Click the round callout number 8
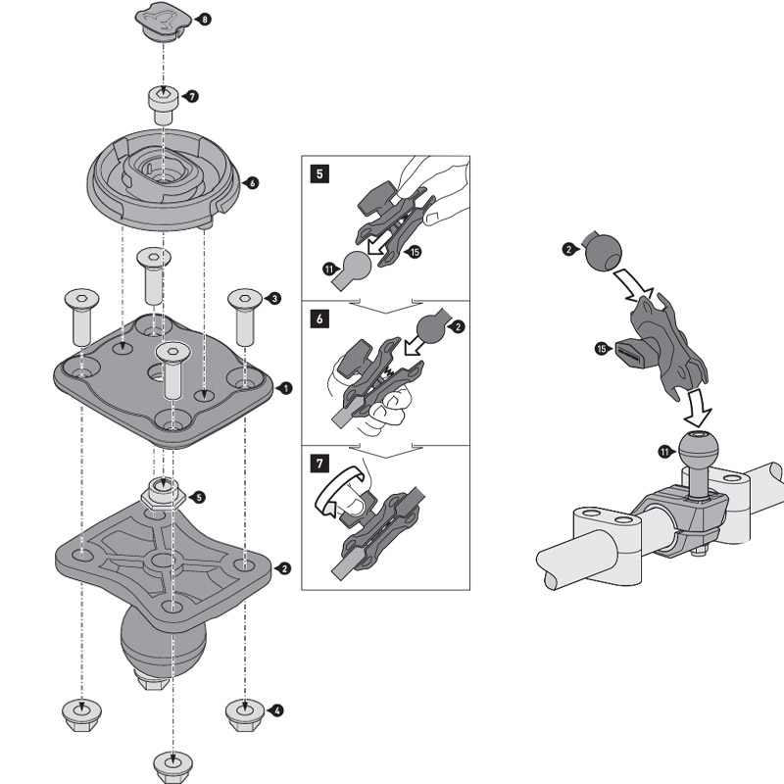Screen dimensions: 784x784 coord(204,20)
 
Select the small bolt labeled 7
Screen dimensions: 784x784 coord(163,103)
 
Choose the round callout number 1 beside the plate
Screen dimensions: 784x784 coord(285,388)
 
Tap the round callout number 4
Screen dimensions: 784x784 coord(278,710)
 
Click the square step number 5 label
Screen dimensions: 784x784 coord(318,175)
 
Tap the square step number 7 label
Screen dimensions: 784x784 coord(318,461)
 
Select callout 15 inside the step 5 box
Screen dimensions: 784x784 coord(416,252)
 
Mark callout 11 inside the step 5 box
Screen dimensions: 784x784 coord(328,267)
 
